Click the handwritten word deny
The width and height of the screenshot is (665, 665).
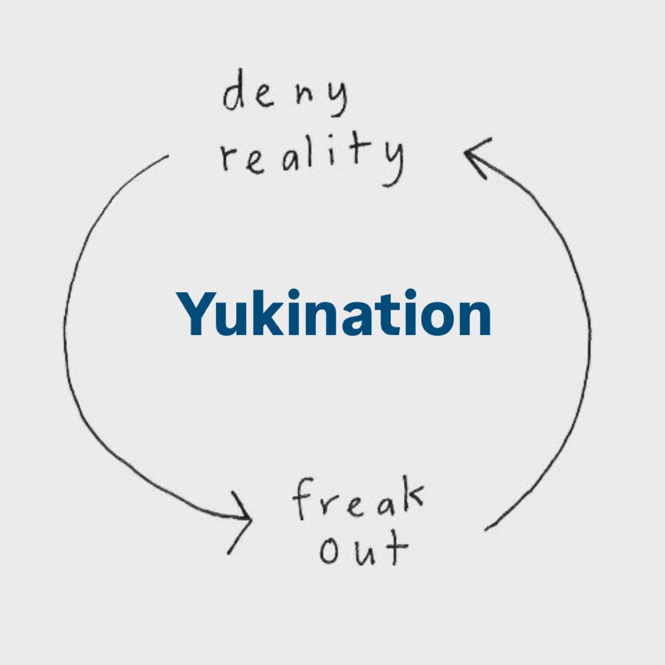point(285,96)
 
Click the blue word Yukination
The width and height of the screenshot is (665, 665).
point(333,314)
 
